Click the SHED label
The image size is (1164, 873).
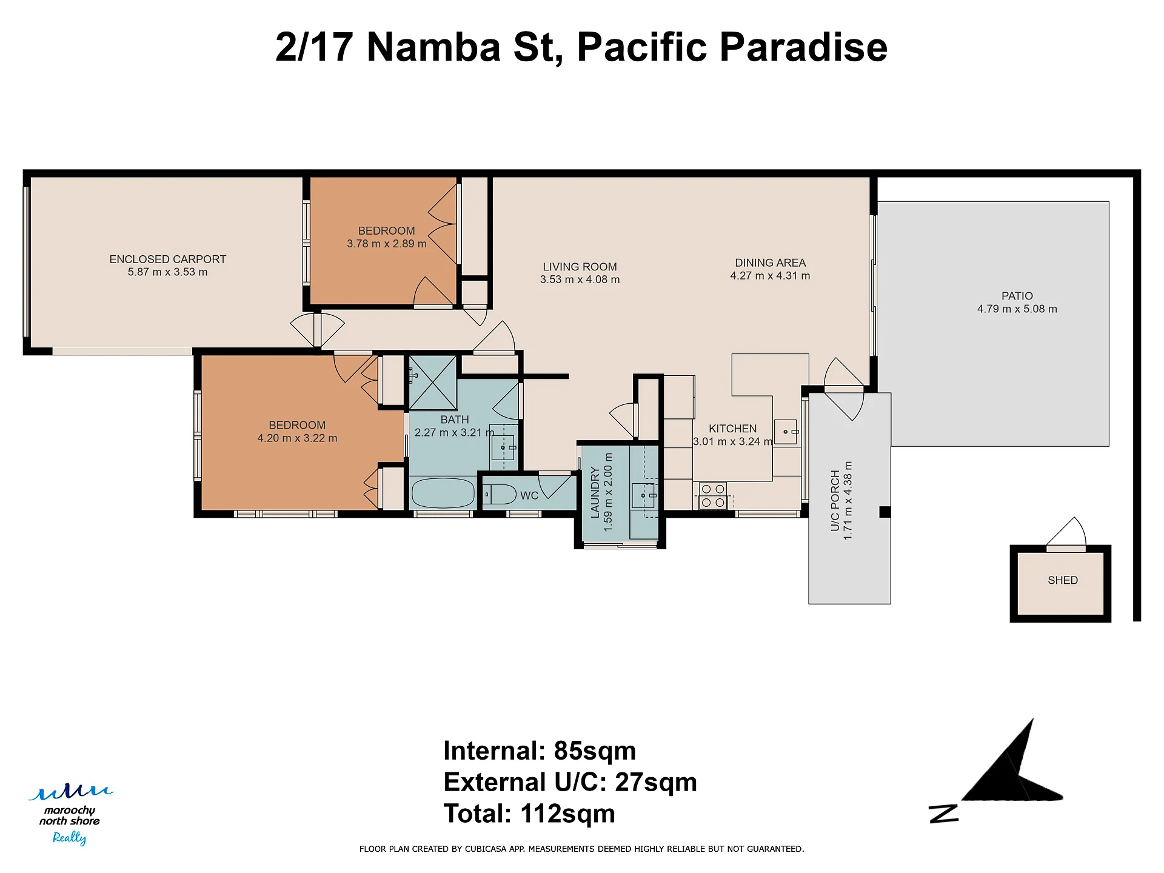pos(1063,580)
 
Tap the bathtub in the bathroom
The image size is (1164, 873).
pos(443,493)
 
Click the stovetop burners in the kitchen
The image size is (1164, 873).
pos(712,495)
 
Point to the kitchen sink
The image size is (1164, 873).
pos(786,432)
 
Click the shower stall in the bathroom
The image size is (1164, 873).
pos(433,383)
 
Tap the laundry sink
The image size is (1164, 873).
pos(644,495)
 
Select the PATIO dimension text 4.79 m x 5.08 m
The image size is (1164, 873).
pos(1017,309)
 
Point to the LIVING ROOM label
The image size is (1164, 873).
pos(580,267)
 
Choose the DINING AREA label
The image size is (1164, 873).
pos(770,263)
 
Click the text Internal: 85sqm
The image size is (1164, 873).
pos(540,751)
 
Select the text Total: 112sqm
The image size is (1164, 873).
pos(529,814)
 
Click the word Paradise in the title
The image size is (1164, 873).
pos(803,47)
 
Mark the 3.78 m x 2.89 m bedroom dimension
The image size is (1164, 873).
pos(386,244)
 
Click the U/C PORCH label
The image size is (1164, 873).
pos(835,501)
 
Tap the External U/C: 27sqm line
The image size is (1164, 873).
pos(570,782)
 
